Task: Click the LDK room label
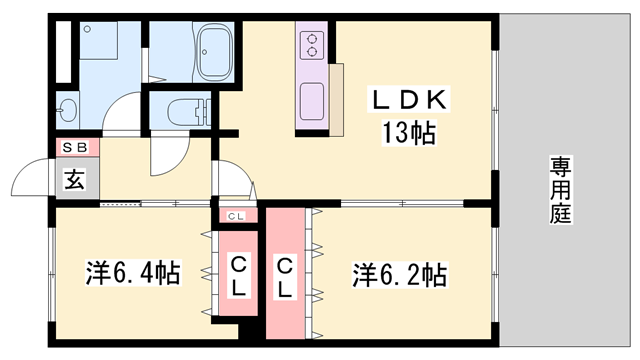(410, 101)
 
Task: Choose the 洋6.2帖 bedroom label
(398, 271)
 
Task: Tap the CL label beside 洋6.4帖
(239, 272)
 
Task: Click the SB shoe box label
(76, 148)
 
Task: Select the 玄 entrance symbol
(74, 181)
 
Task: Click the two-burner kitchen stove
(310, 44)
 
